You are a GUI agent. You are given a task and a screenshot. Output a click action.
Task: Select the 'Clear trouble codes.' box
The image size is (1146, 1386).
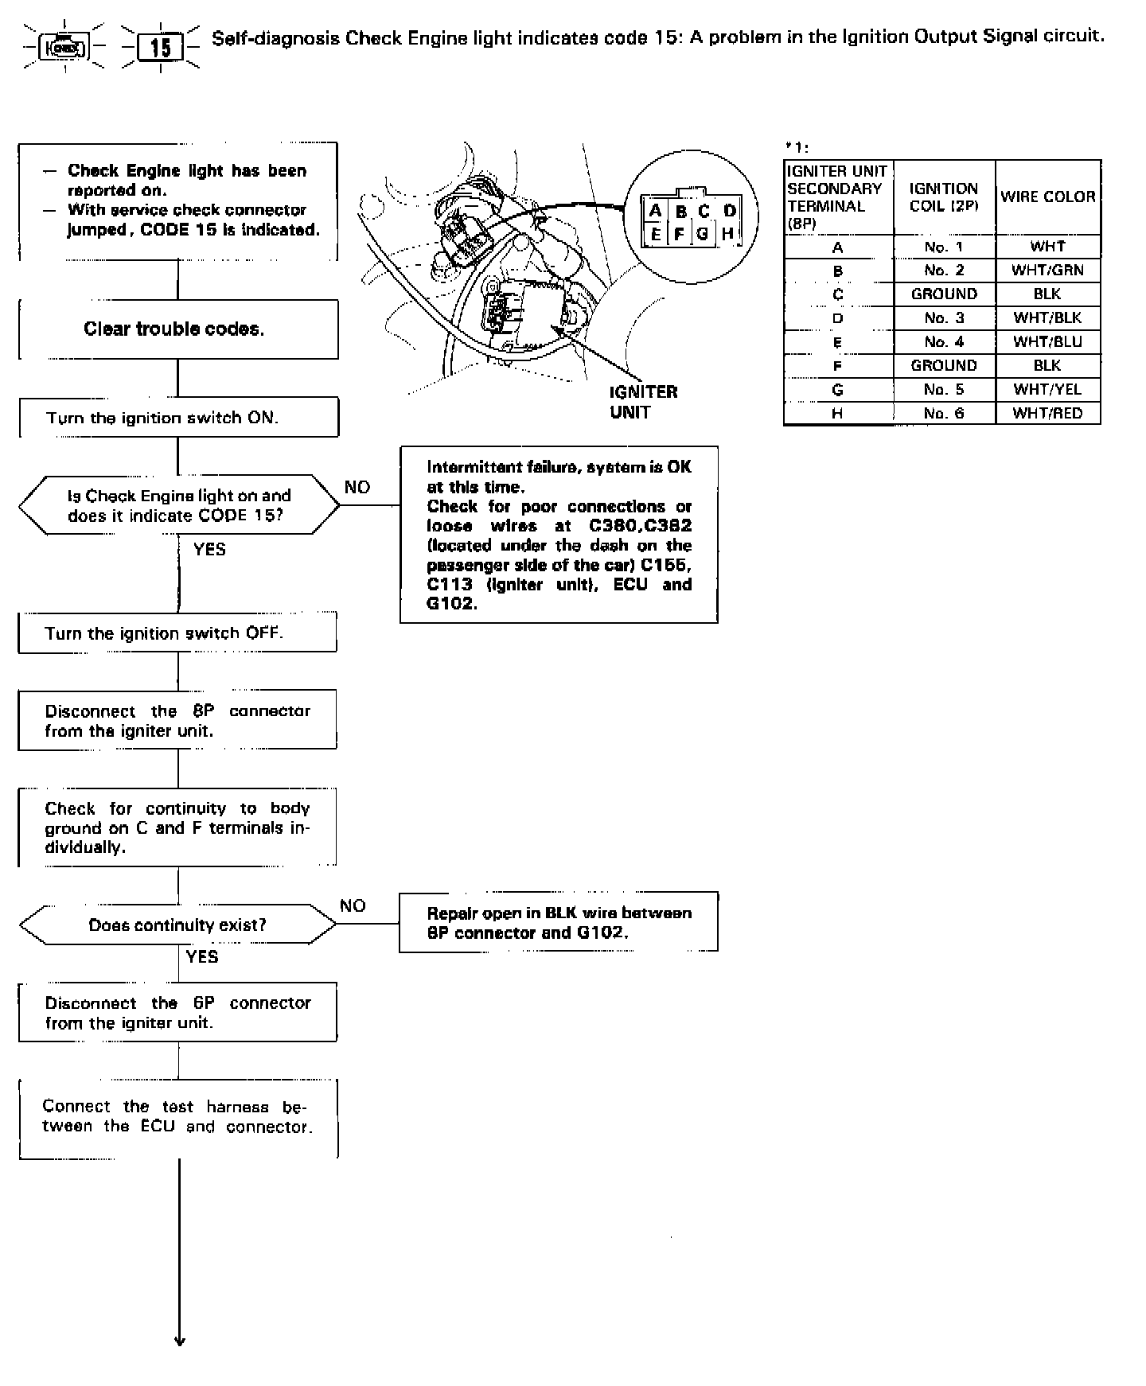(177, 329)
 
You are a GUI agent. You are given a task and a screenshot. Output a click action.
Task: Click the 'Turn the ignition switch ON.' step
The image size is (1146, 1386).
(178, 418)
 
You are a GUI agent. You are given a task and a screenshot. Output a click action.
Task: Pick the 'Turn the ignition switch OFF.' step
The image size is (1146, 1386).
(177, 633)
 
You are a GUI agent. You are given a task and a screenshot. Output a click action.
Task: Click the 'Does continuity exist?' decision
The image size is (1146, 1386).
(177, 925)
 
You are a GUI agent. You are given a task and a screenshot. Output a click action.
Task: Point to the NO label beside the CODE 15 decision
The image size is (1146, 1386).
(357, 487)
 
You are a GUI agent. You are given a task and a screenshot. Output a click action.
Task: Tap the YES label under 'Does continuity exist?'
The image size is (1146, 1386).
(202, 956)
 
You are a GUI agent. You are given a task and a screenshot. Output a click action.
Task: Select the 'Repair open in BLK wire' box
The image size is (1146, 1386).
(559, 923)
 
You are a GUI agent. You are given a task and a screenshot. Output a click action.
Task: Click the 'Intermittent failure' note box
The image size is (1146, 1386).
(559, 535)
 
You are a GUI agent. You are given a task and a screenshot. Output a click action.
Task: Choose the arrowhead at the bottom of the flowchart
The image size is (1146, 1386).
(179, 1341)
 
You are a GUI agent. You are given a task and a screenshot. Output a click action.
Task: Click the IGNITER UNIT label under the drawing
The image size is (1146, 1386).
(643, 402)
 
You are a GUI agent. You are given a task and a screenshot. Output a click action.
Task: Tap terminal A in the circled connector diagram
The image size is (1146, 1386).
(656, 211)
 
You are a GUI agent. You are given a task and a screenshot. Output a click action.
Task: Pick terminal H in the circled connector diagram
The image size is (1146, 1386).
(727, 234)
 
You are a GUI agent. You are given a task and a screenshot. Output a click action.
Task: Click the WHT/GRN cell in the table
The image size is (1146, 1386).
(1047, 271)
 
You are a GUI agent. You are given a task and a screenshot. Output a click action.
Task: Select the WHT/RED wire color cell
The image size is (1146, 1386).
(1047, 414)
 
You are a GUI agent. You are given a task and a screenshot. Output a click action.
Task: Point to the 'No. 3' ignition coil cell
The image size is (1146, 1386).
(944, 318)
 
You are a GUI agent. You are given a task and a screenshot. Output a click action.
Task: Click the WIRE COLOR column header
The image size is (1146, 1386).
(1047, 197)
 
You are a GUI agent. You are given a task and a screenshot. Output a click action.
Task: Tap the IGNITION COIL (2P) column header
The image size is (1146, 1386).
(944, 197)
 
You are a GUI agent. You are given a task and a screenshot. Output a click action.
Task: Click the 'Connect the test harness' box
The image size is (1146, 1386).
(178, 1117)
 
